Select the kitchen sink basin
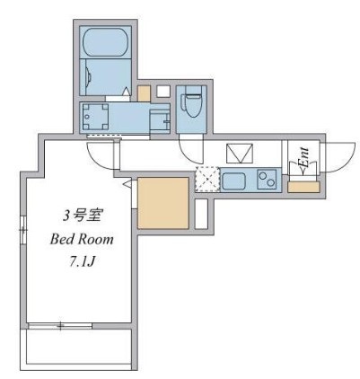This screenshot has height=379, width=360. click(x=234, y=180)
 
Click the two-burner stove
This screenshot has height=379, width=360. click(x=268, y=180)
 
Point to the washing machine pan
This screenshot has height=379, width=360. click(x=96, y=117)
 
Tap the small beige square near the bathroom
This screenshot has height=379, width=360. click(x=144, y=93)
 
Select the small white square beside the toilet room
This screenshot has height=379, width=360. click(x=163, y=90)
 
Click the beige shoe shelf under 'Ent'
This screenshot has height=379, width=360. click(x=303, y=186)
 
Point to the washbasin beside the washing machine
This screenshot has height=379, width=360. click(x=158, y=120)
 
